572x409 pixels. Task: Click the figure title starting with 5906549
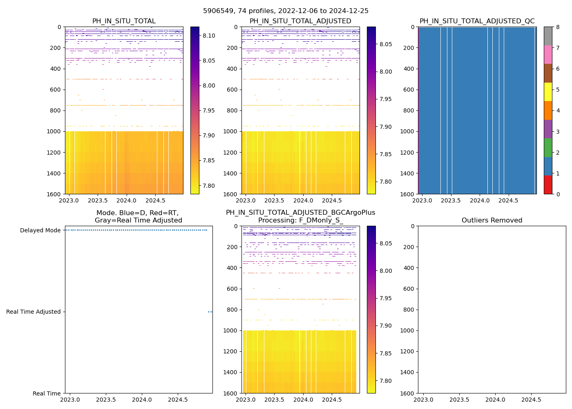(286, 11)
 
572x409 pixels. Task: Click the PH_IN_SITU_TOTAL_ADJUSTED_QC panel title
(477, 21)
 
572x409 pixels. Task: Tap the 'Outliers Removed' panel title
(492, 220)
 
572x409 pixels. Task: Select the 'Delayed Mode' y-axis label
(40, 230)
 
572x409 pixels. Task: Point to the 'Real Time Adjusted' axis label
(34, 312)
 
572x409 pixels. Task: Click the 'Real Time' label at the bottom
(47, 393)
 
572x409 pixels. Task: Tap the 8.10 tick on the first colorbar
(209, 36)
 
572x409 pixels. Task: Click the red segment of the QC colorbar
(548, 185)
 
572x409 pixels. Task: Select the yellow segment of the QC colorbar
(548, 92)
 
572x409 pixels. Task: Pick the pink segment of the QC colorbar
(548, 54)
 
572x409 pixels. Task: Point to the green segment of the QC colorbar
(548, 147)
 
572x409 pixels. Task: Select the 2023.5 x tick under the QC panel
(451, 200)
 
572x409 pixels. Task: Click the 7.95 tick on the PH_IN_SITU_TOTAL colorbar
(209, 110)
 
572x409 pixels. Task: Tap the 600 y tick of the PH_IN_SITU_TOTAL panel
(56, 90)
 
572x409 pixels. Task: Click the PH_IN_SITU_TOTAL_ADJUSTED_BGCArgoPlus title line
(300, 213)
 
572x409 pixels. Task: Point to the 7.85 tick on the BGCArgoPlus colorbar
(385, 353)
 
